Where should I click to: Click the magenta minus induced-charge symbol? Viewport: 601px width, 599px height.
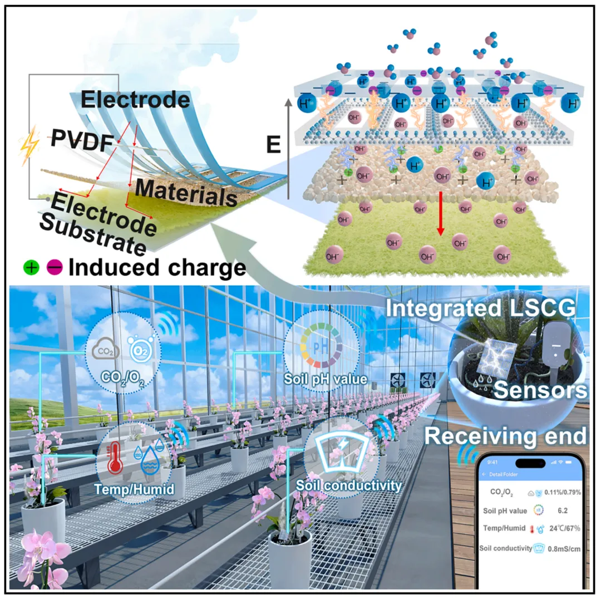pos(54,268)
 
